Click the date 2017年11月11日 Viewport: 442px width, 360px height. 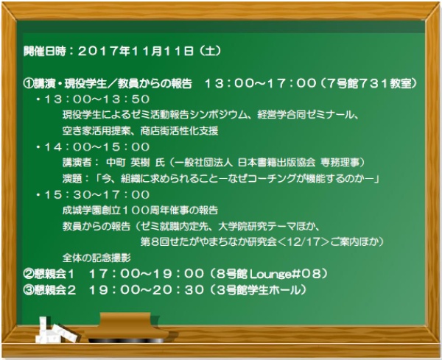(136, 51)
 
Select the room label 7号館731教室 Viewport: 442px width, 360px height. (369, 83)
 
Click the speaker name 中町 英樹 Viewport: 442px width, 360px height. (128, 163)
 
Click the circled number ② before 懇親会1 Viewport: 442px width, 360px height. (29, 274)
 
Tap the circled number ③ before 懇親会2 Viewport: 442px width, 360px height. (29, 290)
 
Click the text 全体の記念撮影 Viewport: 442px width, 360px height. (97, 258)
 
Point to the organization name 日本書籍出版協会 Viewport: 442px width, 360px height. (276, 163)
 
